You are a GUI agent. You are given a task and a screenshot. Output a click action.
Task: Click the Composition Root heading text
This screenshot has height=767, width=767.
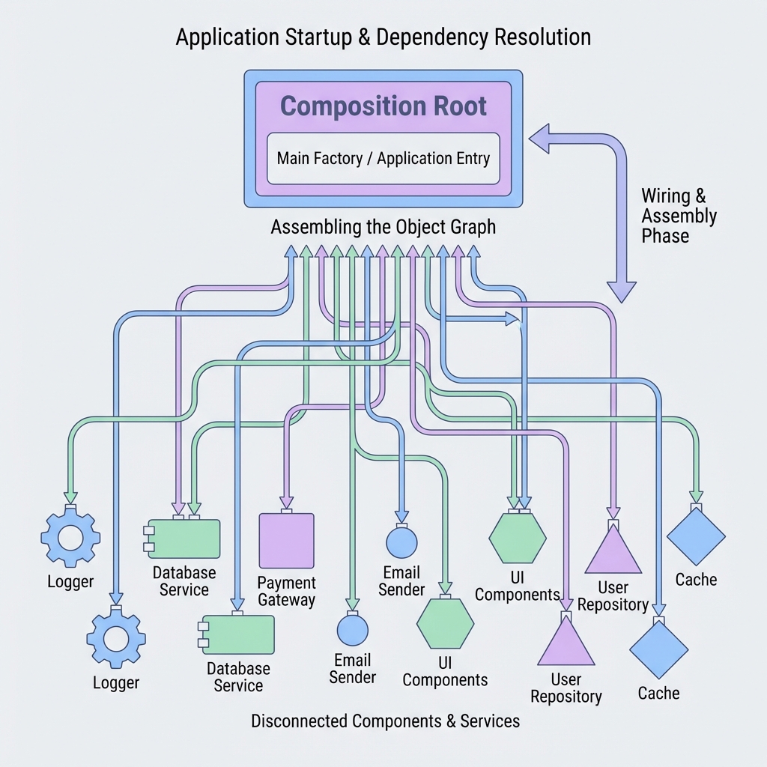(x=383, y=106)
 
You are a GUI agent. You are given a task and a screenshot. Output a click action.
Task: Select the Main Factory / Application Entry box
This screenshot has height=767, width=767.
(x=383, y=158)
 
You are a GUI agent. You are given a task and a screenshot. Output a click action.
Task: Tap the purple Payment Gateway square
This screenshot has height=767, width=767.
(x=286, y=541)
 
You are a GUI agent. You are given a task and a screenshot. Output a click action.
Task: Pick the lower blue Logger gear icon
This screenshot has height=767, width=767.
(x=116, y=638)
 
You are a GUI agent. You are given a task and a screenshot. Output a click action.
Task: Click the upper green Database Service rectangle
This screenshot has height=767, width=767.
(x=184, y=539)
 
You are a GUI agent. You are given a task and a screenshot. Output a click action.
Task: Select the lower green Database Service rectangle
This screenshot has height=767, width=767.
(x=238, y=635)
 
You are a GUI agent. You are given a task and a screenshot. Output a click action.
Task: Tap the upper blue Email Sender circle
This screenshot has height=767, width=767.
(x=401, y=541)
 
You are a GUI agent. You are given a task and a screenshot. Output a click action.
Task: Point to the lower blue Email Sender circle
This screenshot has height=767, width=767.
(x=352, y=629)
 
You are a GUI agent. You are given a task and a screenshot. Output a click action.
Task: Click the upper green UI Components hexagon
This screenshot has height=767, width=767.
(x=518, y=536)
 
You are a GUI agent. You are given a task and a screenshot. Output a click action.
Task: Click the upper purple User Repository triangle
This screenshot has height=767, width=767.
(x=613, y=551)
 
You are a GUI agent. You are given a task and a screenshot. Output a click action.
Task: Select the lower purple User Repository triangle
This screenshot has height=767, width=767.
(x=566, y=643)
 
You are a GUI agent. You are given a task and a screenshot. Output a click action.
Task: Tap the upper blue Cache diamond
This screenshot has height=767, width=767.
(x=696, y=536)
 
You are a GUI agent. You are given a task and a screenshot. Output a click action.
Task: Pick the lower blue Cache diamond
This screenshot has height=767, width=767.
(x=658, y=649)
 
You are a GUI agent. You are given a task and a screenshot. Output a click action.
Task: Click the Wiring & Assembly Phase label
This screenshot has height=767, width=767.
(x=678, y=216)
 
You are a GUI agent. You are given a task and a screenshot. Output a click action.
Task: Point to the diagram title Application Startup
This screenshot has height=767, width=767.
(x=383, y=37)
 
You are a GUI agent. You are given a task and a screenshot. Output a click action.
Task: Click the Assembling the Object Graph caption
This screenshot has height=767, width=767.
(x=383, y=226)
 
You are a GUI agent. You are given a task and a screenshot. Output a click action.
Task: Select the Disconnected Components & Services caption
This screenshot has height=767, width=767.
(x=385, y=721)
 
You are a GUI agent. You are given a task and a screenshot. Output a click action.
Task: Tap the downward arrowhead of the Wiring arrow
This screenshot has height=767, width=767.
(x=621, y=291)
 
